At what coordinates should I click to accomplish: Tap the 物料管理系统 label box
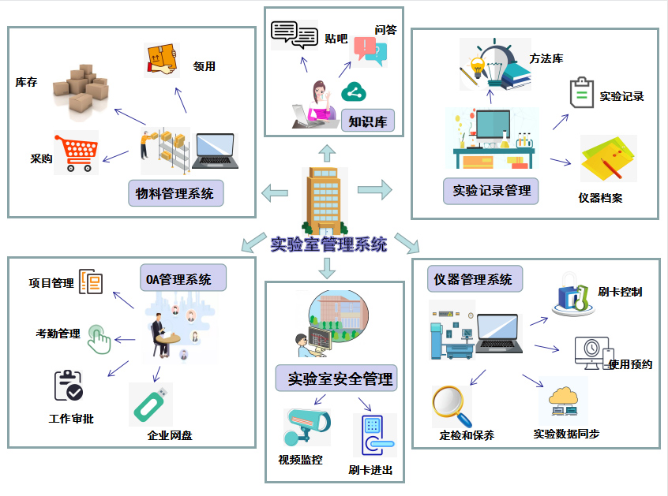click(x=175, y=193)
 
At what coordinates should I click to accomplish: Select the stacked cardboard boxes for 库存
click(x=81, y=88)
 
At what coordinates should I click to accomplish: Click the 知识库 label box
click(x=368, y=121)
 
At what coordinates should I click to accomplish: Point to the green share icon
click(x=352, y=93)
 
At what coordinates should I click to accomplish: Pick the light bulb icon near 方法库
click(x=478, y=67)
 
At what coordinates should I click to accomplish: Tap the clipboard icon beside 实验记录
click(x=581, y=93)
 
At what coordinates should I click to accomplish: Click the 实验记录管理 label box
click(x=491, y=190)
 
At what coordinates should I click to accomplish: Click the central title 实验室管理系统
click(x=328, y=244)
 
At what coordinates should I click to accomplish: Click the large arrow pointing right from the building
click(x=375, y=189)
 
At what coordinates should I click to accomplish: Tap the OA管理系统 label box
click(x=183, y=279)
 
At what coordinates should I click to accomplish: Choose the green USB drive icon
click(x=150, y=403)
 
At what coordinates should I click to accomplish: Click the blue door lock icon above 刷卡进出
click(x=373, y=435)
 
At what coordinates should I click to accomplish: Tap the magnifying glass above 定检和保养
click(x=451, y=405)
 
